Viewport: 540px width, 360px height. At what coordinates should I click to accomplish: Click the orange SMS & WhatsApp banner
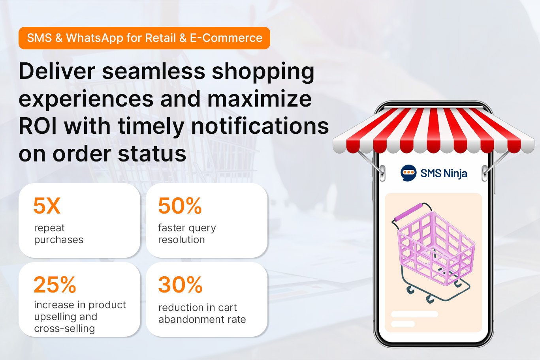click(x=144, y=38)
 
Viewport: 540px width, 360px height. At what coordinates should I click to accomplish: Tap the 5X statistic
click(x=47, y=206)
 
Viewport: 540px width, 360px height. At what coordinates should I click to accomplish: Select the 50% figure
click(x=180, y=206)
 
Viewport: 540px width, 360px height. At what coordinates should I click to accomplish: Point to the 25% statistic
click(x=55, y=285)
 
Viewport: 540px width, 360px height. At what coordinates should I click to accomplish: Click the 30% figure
click(x=180, y=285)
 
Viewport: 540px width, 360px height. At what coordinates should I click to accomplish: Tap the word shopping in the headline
click(x=263, y=72)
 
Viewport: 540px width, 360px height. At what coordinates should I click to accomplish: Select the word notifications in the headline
click(x=260, y=126)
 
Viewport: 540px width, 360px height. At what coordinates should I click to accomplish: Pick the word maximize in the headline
click(x=260, y=99)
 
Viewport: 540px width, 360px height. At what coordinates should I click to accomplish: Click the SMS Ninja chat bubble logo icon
click(x=408, y=173)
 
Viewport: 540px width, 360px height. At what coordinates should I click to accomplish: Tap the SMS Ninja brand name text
click(x=444, y=174)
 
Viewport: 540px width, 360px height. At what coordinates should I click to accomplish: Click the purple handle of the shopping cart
click(x=408, y=212)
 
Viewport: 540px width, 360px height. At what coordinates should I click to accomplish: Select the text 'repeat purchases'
click(x=58, y=234)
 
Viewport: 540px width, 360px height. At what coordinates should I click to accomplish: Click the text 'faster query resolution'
click(x=187, y=234)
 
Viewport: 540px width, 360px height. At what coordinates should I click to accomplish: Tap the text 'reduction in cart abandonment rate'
click(x=202, y=313)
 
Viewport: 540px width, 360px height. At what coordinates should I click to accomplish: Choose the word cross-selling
click(x=64, y=328)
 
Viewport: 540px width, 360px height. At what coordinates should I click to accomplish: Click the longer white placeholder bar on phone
click(x=414, y=314)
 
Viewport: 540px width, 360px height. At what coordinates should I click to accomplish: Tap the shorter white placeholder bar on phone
click(x=403, y=324)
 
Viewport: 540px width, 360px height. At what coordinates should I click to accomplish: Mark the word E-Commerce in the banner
click(x=226, y=38)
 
